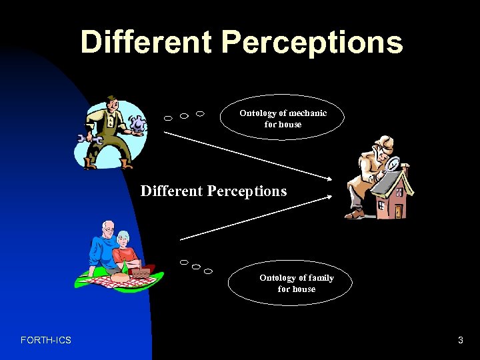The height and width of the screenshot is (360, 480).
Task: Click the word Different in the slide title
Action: tap(147, 41)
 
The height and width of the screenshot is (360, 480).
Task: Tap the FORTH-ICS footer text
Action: tap(46, 341)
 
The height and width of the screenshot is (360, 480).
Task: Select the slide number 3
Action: tap(460, 341)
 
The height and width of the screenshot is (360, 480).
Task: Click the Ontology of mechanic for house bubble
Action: tap(283, 119)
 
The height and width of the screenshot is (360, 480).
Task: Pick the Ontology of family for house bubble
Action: tap(296, 283)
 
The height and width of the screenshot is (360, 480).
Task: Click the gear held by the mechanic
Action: tap(137, 124)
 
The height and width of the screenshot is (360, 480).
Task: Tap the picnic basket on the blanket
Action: tap(141, 272)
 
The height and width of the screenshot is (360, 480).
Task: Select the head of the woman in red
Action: tap(123, 238)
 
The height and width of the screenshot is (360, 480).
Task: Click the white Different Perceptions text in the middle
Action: tap(213, 191)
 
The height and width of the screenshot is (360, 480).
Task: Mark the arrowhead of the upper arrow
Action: tap(331, 177)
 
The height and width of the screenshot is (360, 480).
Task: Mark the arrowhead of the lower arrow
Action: tap(331, 197)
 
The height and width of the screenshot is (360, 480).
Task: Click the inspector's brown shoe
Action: tap(354, 215)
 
